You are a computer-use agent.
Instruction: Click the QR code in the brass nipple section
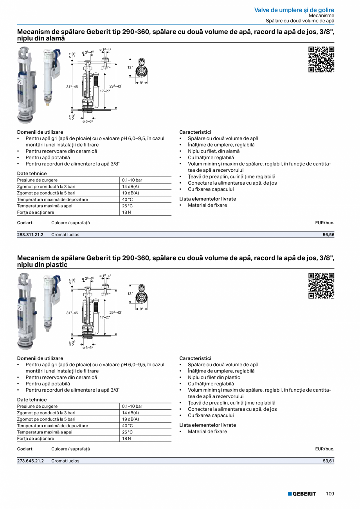(x=321, y=59)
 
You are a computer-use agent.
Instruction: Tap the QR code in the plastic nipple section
(x=321, y=286)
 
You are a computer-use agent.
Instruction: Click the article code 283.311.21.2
(x=30, y=235)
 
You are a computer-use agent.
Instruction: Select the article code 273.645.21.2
(x=30, y=461)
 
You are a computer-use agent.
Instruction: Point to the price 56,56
(x=328, y=235)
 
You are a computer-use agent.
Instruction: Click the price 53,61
(x=328, y=461)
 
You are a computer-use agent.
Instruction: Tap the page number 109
(x=330, y=494)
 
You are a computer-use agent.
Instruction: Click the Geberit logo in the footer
(x=302, y=494)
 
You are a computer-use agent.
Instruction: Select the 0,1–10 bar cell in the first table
(x=132, y=180)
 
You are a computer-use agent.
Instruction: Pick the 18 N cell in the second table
(x=126, y=439)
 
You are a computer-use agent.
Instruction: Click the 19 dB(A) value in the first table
(x=130, y=193)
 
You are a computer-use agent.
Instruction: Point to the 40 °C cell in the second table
(x=128, y=426)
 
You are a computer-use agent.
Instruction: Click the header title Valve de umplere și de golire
(x=294, y=10)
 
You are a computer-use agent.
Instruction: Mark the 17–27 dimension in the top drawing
(x=105, y=91)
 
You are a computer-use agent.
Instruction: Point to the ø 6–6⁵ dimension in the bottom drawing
(x=88, y=348)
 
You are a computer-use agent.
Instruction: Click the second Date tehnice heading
(x=32, y=400)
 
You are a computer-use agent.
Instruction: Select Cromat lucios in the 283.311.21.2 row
(x=65, y=235)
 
